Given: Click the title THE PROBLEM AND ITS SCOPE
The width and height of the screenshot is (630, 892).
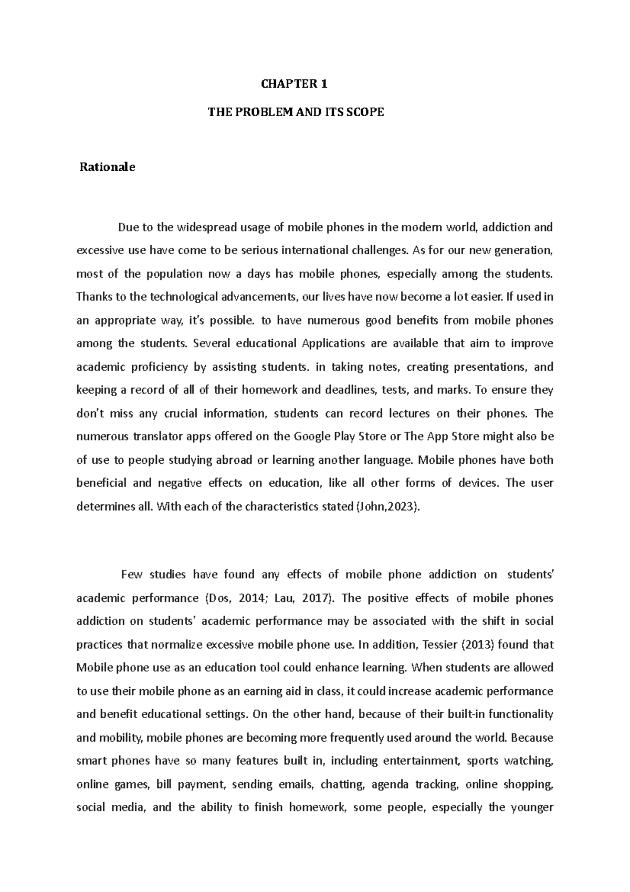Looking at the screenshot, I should tap(296, 112).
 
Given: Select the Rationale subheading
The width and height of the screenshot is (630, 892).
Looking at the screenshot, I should tap(107, 168).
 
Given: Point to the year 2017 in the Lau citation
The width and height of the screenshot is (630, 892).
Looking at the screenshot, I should tap(318, 598).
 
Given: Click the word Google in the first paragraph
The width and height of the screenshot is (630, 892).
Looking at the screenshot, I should tap(312, 437).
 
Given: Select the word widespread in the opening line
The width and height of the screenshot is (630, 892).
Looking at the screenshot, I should tap(206, 228).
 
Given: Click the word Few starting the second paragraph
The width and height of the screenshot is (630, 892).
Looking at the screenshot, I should tap(132, 575).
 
